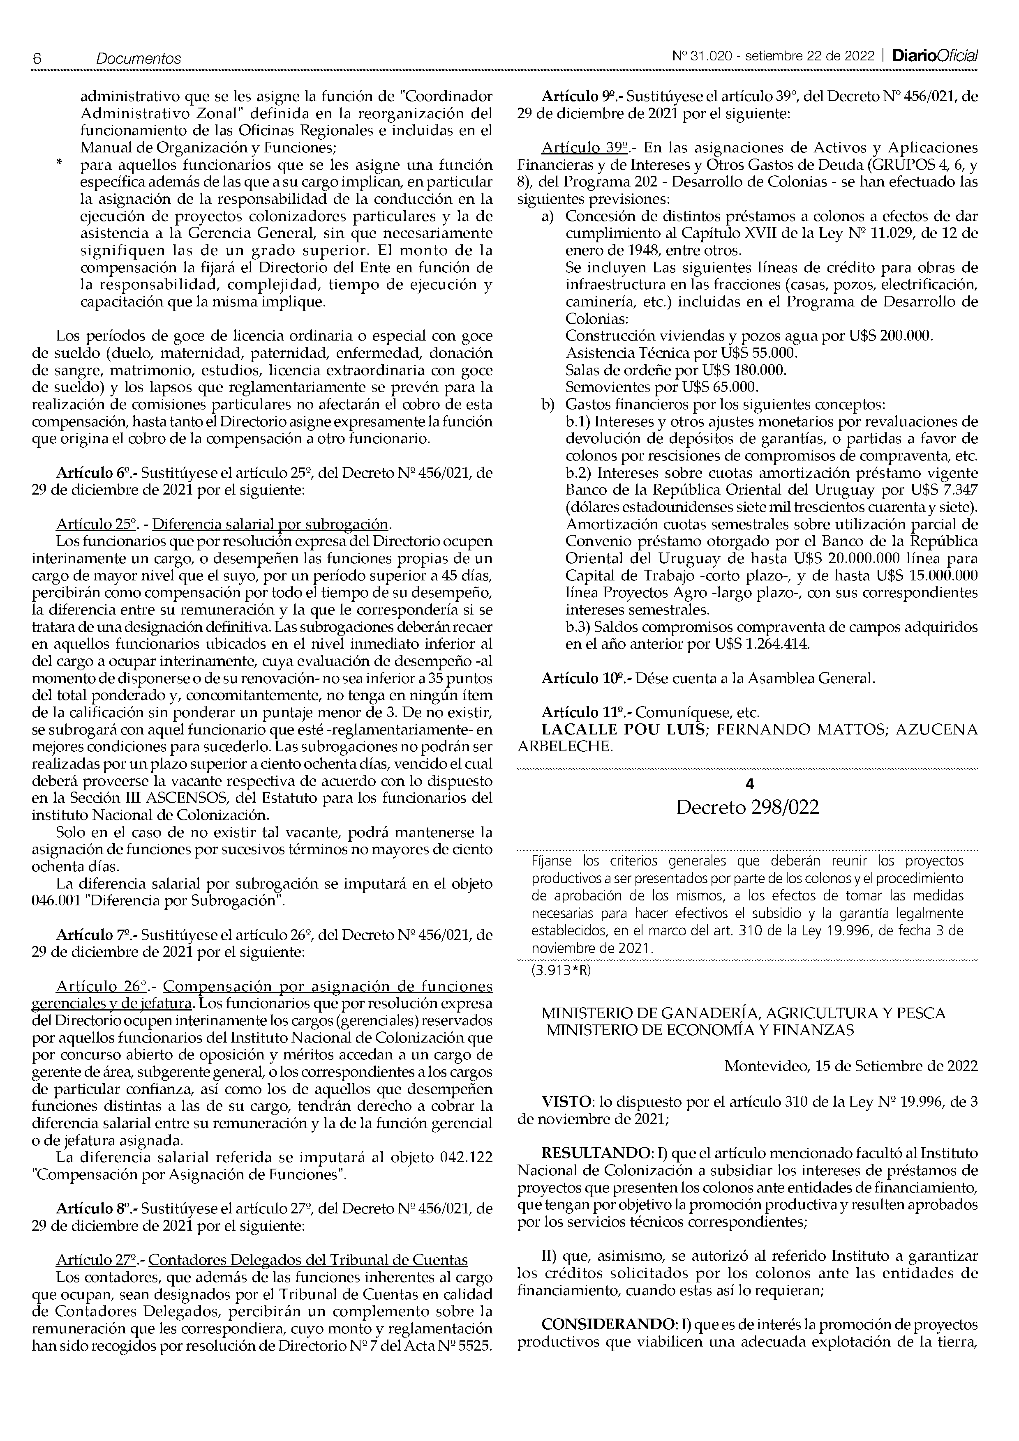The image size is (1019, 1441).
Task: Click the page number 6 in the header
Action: [37, 58]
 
